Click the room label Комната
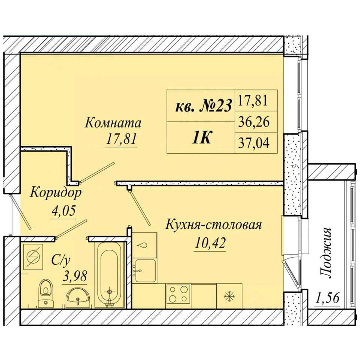[113, 123]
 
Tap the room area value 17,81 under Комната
[121, 138]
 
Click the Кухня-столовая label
[214, 225]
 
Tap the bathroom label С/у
[60, 261]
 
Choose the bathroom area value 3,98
[75, 276]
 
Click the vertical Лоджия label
[326, 253]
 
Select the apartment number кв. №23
[203, 106]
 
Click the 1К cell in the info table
[201, 138]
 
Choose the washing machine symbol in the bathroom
[33, 256]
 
